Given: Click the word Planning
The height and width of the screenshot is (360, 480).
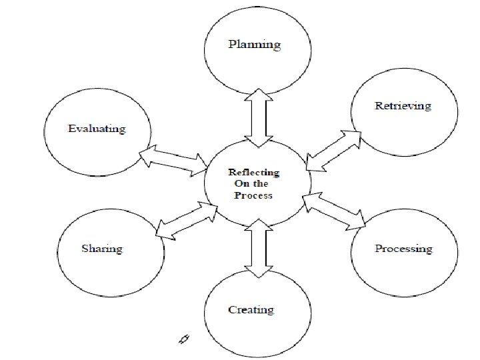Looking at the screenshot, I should [254, 45].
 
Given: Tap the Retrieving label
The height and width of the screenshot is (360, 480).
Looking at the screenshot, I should [403, 106].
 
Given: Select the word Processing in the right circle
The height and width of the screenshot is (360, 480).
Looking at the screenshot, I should [403, 249].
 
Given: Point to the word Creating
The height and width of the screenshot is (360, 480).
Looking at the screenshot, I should [251, 309].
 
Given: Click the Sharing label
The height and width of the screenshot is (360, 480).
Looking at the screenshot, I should [102, 249].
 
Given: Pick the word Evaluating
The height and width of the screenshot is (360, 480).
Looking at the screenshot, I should [97, 129].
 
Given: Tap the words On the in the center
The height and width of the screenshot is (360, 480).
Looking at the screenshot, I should [251, 183].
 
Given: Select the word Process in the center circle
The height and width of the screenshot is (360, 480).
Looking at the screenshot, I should [253, 195].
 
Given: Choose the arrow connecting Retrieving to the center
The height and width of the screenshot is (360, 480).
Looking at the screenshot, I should [333, 151].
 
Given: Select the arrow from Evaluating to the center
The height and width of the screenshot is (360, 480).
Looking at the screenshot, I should [173, 159].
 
